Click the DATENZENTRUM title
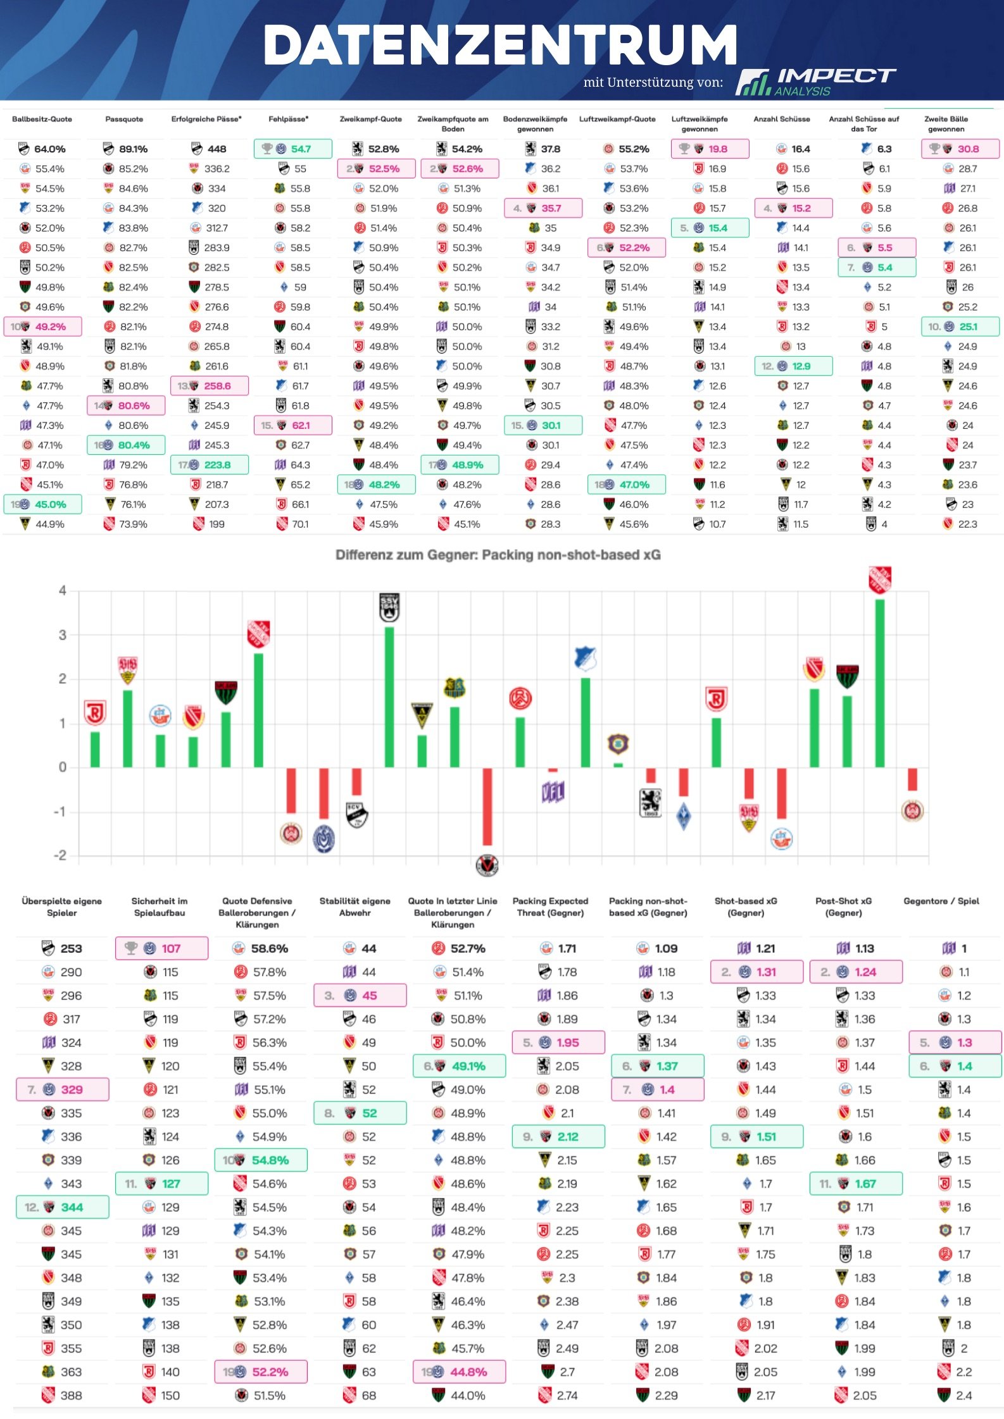[x=500, y=46]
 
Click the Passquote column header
[x=124, y=119]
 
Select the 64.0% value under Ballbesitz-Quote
[x=49, y=149]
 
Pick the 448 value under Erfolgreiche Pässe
[x=216, y=149]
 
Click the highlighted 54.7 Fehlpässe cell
[x=293, y=149]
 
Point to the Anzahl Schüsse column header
[x=781, y=119]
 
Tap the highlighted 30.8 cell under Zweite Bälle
[x=960, y=149]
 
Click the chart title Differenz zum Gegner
[x=498, y=555]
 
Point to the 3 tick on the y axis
[x=62, y=635]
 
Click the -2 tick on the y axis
[x=60, y=855]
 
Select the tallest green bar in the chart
[x=879, y=683]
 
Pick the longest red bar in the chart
[x=487, y=807]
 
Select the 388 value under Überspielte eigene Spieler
[x=71, y=1396]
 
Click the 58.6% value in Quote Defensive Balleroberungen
[x=269, y=948]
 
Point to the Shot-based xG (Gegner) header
[x=746, y=907]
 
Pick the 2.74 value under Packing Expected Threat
[x=567, y=1396]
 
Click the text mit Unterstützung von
[x=653, y=82]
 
